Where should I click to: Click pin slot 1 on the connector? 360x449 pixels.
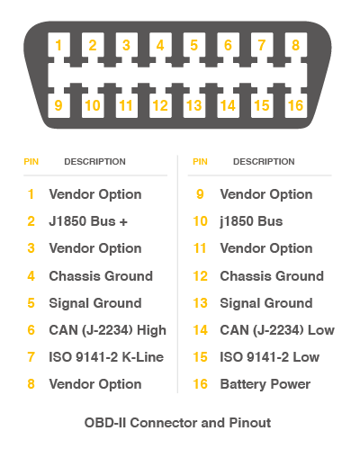point(58,45)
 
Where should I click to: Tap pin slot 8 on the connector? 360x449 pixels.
point(296,45)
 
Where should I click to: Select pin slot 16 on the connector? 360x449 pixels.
point(296,105)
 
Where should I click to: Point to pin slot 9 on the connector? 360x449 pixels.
point(58,105)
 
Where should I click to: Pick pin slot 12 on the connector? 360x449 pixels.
point(160,105)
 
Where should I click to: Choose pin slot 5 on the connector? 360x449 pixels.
point(194,45)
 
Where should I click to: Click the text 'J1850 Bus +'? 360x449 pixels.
point(88,221)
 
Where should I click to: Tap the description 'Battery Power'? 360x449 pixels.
point(265,384)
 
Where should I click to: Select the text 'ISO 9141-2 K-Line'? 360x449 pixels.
point(106,357)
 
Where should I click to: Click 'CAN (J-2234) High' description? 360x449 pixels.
point(108,330)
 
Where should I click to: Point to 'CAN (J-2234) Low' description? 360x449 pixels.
point(277,330)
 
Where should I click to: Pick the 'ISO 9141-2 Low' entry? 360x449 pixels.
point(270,357)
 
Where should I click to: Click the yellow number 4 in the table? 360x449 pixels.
point(31,276)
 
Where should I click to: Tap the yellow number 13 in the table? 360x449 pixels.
point(200,303)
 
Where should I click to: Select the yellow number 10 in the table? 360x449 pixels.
point(200,221)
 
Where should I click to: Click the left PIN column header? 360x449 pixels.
point(31,162)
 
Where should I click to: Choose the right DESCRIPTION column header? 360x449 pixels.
point(264,162)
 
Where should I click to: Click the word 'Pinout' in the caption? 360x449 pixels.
point(250,423)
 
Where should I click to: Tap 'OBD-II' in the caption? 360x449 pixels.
point(105,423)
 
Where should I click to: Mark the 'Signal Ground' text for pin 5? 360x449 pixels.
point(95,303)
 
